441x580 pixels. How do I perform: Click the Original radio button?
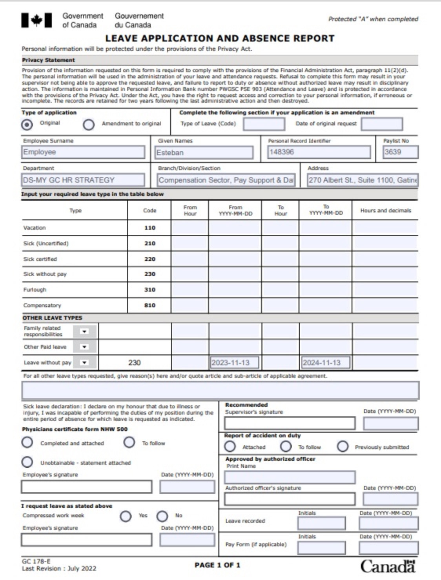click(27, 125)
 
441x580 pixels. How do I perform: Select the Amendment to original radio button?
click(89, 125)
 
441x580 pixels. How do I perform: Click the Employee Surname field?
click(83, 152)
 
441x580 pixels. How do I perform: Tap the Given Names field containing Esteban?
click(204, 152)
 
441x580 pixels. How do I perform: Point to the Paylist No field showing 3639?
click(400, 152)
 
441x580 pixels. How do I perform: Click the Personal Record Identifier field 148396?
click(319, 152)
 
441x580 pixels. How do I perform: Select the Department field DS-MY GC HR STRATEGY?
click(83, 180)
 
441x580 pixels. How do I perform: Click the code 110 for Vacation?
click(149, 228)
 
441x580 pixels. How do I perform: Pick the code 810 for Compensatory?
click(149, 305)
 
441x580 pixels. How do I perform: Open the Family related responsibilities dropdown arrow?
click(84, 332)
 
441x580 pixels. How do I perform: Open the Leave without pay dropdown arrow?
click(84, 362)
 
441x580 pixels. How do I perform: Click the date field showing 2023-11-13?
click(234, 362)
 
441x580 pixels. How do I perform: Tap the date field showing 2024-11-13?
click(325, 362)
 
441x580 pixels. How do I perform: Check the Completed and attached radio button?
click(27, 443)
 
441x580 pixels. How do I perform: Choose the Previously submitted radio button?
click(343, 447)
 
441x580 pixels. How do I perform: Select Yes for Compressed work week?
click(126, 516)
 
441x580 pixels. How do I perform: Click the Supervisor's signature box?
click(290, 423)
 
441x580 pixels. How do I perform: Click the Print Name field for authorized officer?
click(290, 477)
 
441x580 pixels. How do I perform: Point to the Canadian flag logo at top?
click(36, 20)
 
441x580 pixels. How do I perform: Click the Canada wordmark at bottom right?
click(387, 566)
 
